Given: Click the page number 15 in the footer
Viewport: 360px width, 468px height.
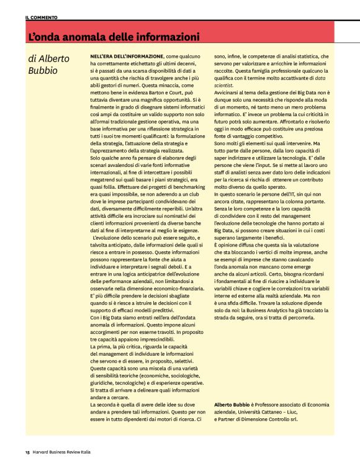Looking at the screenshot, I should pos(27,451).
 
